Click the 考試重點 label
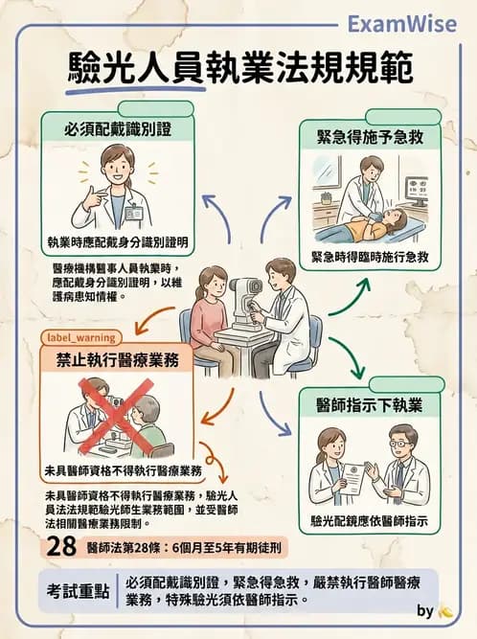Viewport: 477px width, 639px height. pos(81,590)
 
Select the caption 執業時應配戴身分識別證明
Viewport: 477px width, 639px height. pos(117,240)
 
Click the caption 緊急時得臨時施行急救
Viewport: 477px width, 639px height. pos(370,258)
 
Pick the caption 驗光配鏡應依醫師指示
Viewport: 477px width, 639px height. pos(369,523)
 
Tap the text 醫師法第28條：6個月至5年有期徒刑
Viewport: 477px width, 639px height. pos(182,548)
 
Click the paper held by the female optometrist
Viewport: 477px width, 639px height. pos(353,477)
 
